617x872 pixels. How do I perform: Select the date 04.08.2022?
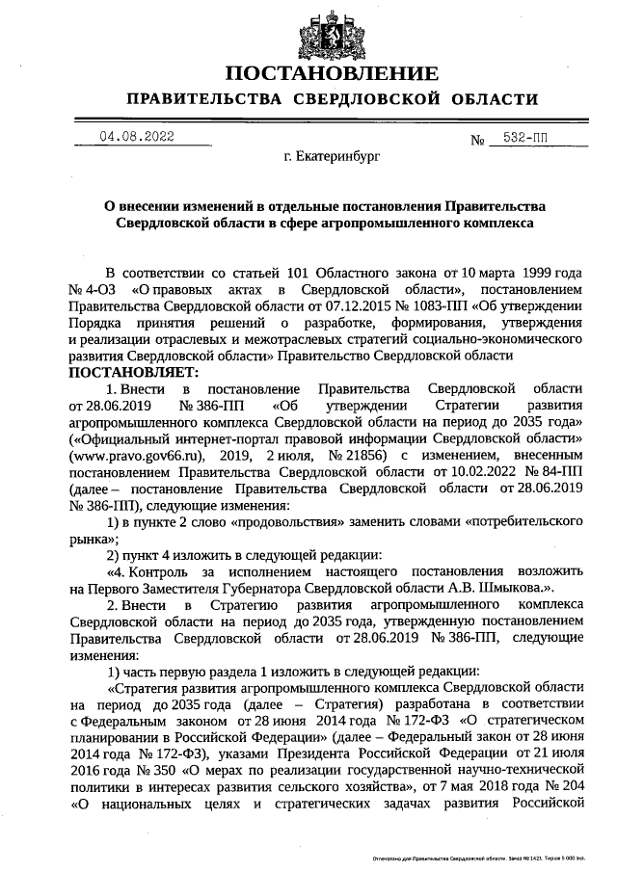point(137,137)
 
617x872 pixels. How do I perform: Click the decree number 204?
point(569,783)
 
